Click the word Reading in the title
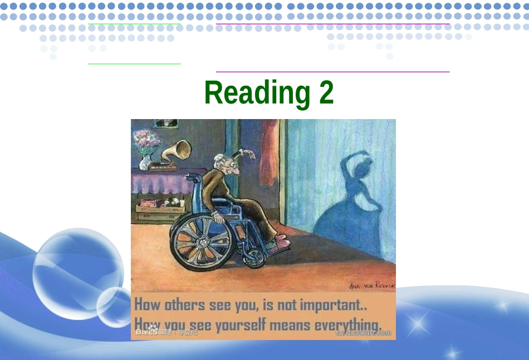click(x=257, y=93)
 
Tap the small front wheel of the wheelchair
click(x=256, y=257)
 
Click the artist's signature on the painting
click(x=371, y=285)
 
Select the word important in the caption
click(x=333, y=305)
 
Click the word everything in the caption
click(x=348, y=324)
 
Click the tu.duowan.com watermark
click(x=363, y=333)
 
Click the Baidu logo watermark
click(x=146, y=332)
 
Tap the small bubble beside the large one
click(x=114, y=306)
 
